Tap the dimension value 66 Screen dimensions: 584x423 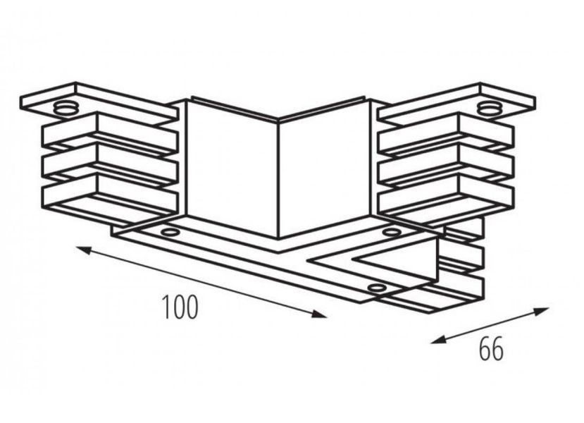click(491, 348)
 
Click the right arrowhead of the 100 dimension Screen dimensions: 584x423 click(319, 314)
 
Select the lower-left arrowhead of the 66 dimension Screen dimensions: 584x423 click(438, 340)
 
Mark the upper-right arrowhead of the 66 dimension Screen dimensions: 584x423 click(542, 311)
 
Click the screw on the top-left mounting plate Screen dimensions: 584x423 click(66, 108)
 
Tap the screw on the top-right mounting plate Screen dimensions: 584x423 click(490, 108)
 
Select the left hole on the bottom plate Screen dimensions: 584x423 click(170, 233)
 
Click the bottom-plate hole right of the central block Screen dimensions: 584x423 click(391, 233)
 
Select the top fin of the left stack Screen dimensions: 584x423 click(110, 133)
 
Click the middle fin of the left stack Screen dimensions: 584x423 click(110, 164)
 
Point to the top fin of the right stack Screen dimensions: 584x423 click(445, 134)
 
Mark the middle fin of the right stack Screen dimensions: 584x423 click(445, 165)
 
